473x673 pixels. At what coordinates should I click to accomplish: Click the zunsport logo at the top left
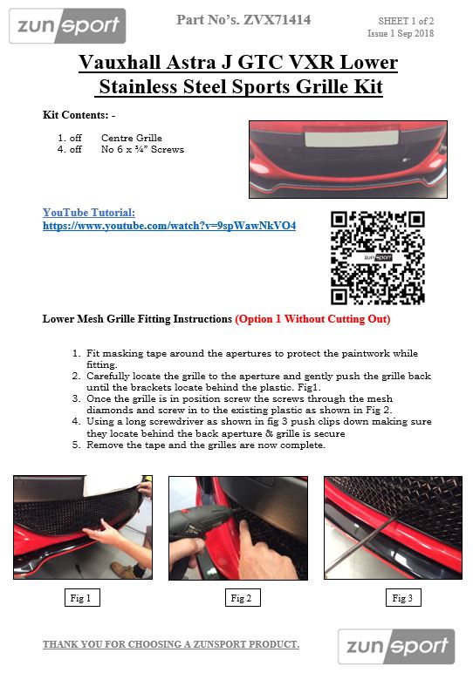67,26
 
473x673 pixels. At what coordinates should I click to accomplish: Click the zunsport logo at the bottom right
396,646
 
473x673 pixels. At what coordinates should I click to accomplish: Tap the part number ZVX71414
278,20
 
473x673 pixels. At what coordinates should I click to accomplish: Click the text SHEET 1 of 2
406,21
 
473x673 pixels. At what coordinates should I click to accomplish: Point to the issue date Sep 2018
415,33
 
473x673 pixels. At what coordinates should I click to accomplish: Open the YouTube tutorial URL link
169,225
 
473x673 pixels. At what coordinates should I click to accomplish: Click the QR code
378,257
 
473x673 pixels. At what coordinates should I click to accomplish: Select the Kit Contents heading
79,115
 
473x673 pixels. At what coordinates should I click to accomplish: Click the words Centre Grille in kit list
132,138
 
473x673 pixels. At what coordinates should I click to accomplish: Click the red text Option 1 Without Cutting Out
312,319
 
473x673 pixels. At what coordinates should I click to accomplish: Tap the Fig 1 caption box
82,597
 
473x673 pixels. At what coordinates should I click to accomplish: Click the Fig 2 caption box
243,597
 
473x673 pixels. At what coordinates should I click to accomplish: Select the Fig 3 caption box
403,597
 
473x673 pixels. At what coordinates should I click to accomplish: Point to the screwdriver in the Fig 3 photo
361,545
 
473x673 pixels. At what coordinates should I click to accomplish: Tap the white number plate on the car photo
352,139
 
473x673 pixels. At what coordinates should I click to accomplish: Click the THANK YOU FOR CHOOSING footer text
170,644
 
